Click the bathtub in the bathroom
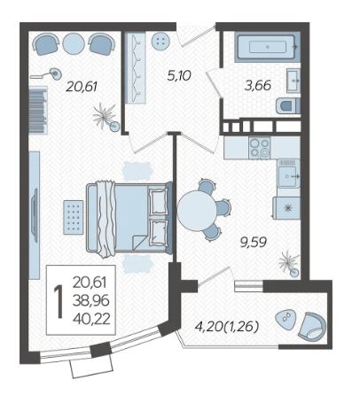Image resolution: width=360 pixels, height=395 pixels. [267, 47]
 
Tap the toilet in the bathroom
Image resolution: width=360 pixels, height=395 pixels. [288, 106]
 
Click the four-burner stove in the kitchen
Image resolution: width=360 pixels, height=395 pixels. [260, 148]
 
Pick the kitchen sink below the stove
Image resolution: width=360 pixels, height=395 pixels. [288, 174]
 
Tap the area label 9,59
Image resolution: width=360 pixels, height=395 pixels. [254, 243]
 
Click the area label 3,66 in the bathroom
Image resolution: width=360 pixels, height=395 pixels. [257, 86]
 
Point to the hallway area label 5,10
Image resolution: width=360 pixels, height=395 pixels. [179, 75]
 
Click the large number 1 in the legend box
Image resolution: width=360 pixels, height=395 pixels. [59, 301]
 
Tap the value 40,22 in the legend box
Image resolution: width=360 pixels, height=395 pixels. [91, 319]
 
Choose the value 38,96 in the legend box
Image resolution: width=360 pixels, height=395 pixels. [91, 301]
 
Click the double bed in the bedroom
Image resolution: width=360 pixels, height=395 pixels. [129, 218]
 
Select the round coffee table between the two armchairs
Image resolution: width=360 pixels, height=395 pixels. [74, 43]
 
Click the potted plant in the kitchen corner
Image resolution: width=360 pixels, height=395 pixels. [289, 264]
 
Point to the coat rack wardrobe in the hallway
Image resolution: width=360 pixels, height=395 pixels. [136, 68]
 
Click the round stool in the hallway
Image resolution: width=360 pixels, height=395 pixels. [160, 41]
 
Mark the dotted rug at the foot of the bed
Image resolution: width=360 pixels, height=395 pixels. [73, 217]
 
